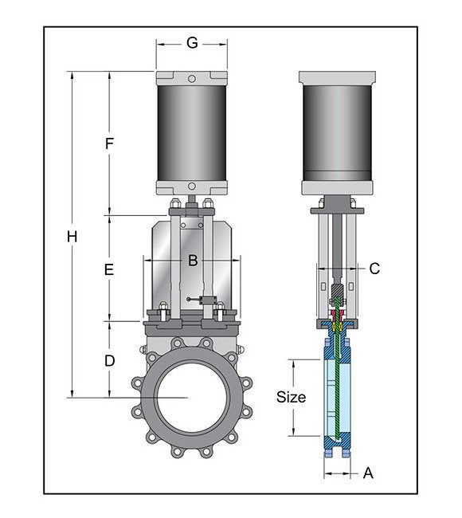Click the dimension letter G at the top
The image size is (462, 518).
pyautogui.click(x=192, y=43)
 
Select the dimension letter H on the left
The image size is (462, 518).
pyautogui.click(x=72, y=237)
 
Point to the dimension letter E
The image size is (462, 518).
pyautogui.click(x=110, y=270)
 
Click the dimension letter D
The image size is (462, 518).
pyautogui.click(x=110, y=360)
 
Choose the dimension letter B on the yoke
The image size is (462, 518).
pyautogui.click(x=192, y=260)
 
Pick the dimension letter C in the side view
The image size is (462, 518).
pyautogui.click(x=374, y=269)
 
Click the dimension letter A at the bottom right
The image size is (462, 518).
pyautogui.click(x=368, y=473)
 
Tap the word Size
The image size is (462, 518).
pyautogui.click(x=291, y=396)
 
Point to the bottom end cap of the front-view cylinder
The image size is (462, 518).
pyautogui.click(x=192, y=188)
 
